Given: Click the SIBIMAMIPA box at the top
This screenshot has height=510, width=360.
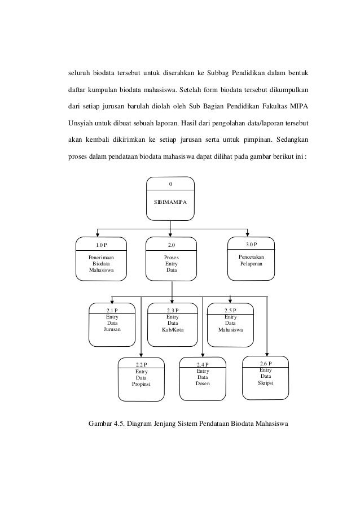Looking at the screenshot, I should coord(170,198).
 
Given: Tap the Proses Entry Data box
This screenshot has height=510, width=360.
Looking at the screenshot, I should coord(171,259).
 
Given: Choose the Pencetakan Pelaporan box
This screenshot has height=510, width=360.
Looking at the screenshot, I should coord(251,259).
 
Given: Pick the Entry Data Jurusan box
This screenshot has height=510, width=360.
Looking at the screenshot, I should coord(112,325).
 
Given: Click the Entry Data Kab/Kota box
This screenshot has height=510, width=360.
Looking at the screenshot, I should coord(173,325).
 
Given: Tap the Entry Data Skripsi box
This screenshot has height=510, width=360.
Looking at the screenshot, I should coord(265,376).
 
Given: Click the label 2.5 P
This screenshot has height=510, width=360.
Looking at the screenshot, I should coord(230,310).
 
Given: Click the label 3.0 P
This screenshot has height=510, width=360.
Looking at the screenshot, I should coord(251,244).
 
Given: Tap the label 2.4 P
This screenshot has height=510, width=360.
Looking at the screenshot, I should coord(203,364).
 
